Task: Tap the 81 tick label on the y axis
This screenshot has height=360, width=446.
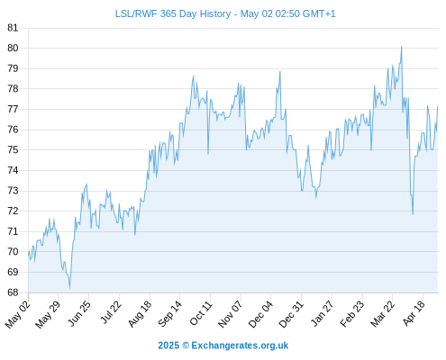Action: coord(13,28)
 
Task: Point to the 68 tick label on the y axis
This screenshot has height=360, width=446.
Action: coord(13,292)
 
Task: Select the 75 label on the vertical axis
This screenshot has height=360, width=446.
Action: coord(13,149)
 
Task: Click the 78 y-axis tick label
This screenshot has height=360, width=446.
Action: coord(13,88)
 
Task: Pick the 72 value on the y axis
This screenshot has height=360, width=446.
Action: coord(13,211)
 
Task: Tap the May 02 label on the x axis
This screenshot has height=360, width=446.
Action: coord(18,314)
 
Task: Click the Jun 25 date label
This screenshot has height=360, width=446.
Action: coord(78,313)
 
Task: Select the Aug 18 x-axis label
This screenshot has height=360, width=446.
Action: coord(140,313)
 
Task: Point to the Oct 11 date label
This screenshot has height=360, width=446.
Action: coord(201,313)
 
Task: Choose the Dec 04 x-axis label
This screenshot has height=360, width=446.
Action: coord(260,314)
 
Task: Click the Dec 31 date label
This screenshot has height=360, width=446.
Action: coord(291,314)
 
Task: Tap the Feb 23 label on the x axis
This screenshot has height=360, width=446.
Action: coord(352,313)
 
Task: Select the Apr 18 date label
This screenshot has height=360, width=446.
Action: coord(414,313)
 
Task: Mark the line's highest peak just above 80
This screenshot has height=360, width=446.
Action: coord(402,47)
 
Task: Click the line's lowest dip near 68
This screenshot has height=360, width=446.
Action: coord(69,289)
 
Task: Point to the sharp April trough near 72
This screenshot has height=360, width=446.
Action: coord(413,214)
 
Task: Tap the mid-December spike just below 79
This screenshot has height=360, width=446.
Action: coord(280,71)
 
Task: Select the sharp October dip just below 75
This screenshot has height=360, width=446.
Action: coord(208,154)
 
